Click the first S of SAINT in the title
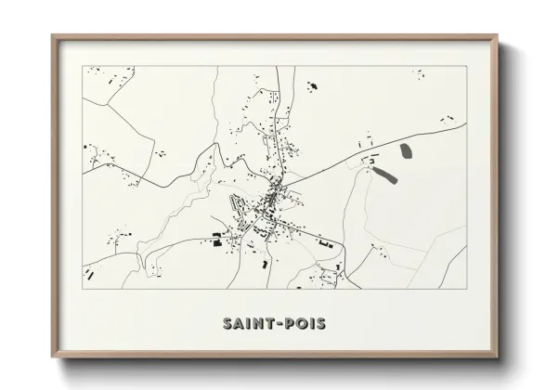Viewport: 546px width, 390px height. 227,324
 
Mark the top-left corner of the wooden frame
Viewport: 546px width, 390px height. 52,36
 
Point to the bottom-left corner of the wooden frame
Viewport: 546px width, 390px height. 52,357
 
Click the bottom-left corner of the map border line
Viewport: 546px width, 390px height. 83,289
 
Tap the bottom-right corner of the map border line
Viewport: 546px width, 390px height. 466,289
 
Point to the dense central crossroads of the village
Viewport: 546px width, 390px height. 275,196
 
